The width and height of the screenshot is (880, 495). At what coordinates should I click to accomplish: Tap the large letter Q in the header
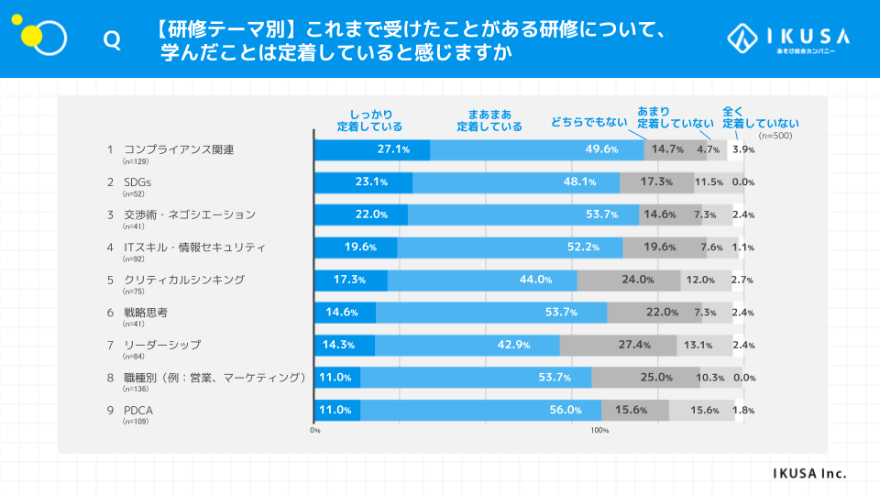click(112, 39)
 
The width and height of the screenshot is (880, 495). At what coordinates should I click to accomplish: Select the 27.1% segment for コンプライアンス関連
click(372, 149)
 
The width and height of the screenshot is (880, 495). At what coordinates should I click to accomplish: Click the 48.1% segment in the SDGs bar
click(515, 182)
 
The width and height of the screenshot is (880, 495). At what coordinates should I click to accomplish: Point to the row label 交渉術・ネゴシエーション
click(189, 214)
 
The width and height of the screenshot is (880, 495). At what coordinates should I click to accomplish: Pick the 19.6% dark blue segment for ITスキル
click(356, 247)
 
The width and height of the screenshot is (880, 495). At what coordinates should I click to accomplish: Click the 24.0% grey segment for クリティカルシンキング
click(629, 280)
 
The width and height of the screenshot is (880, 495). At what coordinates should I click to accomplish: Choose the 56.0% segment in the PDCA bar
click(480, 410)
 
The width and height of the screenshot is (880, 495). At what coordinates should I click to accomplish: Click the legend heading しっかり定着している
click(369, 120)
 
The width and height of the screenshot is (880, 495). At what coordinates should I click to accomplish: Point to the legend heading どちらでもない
click(588, 122)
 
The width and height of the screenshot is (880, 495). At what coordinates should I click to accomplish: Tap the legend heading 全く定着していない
click(760, 117)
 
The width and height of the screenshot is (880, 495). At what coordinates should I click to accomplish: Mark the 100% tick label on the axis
click(599, 430)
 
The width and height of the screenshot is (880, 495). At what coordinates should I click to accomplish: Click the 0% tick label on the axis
click(315, 430)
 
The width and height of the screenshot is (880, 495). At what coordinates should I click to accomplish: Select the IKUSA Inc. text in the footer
click(809, 473)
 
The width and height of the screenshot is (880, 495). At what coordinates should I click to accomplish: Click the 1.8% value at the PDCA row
click(742, 411)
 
